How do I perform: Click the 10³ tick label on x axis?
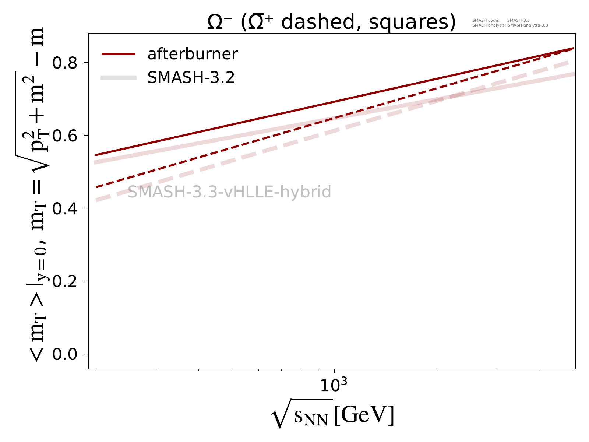point(333,385)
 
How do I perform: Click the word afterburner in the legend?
point(193,54)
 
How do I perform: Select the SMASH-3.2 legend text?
point(191,78)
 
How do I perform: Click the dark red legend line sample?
point(119,54)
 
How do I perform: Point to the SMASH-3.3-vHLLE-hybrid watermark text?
point(229,192)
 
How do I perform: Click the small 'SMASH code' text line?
point(501,21)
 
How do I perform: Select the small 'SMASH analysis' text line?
point(510,25)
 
